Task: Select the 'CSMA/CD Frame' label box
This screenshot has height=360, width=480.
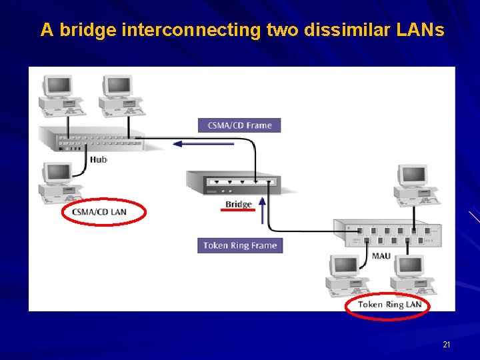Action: coord(239,125)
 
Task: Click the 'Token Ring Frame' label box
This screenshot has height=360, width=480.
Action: coord(240,245)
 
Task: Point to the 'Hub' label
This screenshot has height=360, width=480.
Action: coord(99,159)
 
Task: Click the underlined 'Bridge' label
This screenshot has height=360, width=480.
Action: coord(238,205)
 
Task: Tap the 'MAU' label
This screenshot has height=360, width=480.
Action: coord(381,256)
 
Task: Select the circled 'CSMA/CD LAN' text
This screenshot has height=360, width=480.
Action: coord(99,212)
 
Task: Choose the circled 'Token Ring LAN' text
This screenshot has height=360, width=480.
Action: coord(389,305)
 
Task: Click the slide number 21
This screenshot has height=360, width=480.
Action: coord(447,345)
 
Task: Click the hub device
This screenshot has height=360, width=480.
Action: coord(91,138)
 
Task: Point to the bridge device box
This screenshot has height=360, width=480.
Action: coord(233,183)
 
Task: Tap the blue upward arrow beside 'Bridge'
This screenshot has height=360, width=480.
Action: coord(262,210)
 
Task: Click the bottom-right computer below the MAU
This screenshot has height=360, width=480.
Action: coord(413,274)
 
